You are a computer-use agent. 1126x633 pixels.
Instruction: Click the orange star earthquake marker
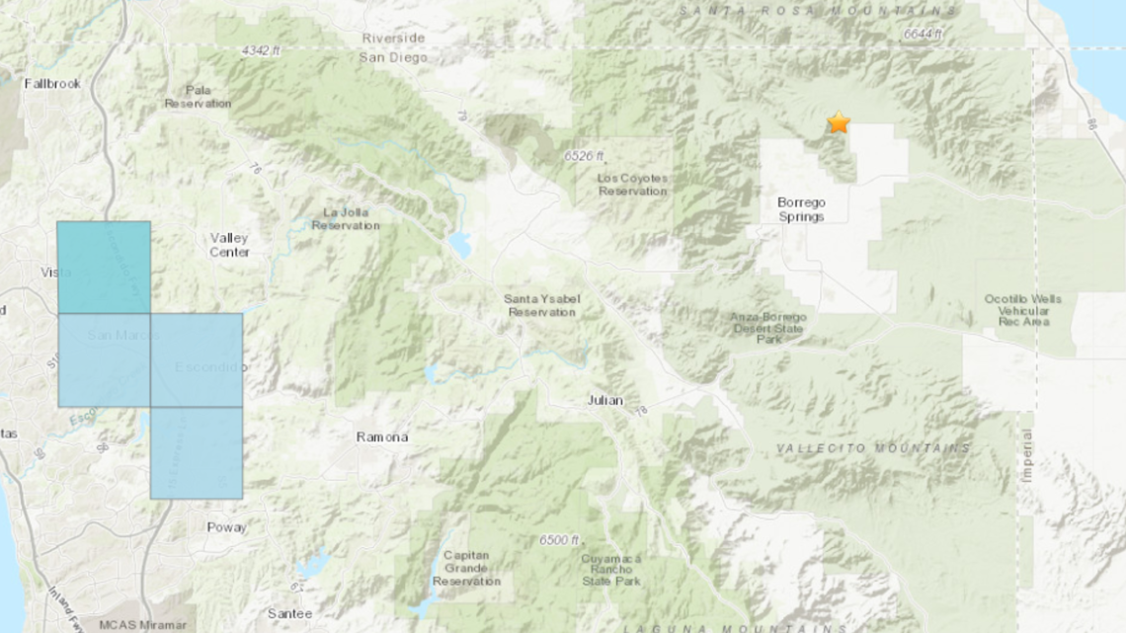(839, 122)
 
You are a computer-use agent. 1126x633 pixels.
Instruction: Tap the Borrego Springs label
(801, 209)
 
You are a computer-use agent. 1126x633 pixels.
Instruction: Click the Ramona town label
(382, 436)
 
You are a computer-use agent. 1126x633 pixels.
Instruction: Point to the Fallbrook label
(52, 84)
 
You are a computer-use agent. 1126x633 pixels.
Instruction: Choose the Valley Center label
(229, 245)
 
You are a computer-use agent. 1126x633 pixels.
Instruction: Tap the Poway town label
(226, 527)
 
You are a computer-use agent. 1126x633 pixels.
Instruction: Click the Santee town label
(290, 613)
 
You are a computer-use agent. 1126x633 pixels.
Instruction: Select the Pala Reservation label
(198, 97)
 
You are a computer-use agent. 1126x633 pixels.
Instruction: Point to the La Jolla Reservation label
(345, 218)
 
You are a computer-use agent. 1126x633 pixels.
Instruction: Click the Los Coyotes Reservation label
(633, 185)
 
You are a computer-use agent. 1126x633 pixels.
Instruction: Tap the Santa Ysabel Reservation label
(539, 305)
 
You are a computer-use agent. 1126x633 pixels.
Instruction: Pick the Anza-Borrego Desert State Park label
(769, 328)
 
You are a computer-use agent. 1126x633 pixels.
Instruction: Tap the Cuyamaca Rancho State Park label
(612, 568)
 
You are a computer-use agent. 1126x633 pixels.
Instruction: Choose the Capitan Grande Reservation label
(466, 568)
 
